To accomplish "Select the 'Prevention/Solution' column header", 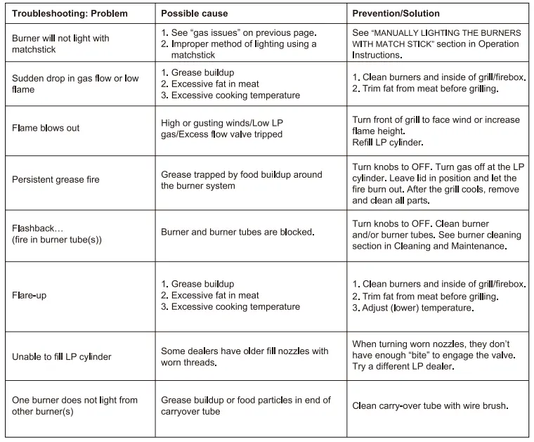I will point(396,13).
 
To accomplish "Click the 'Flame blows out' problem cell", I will point(46,129).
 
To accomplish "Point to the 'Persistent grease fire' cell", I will point(56,180).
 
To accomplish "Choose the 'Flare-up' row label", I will point(29,296).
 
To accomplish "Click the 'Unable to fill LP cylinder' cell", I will point(62,357).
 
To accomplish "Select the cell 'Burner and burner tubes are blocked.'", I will point(237,232).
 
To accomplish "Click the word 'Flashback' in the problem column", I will point(37,229).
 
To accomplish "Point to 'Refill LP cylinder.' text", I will point(387,143).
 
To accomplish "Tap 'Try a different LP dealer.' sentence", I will point(403,367).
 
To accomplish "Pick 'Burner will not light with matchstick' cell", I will point(60,44).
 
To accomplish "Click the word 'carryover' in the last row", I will point(182,411).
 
